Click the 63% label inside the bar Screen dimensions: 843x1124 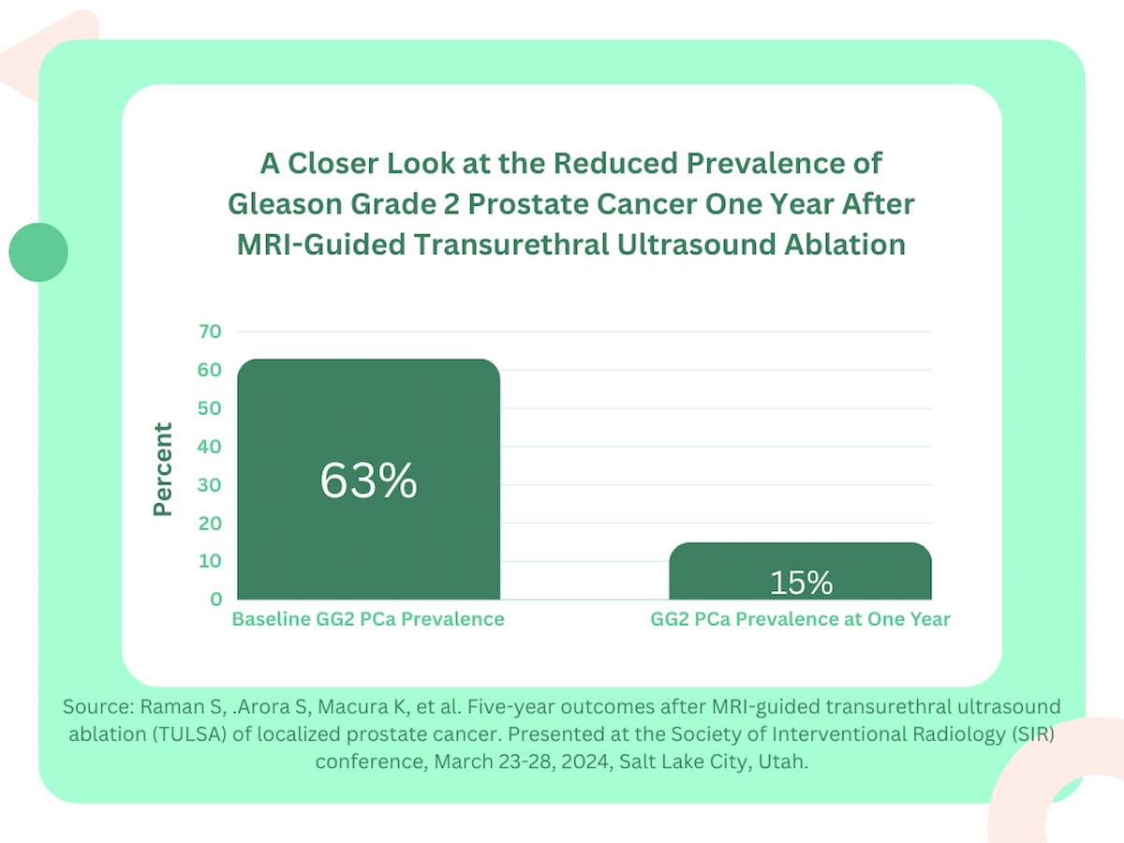tap(368, 481)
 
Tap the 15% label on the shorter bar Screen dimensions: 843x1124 tap(801, 583)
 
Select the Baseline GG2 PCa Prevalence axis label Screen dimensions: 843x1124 tap(368, 619)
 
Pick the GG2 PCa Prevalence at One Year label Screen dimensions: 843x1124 tap(801, 619)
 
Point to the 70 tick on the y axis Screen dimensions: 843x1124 tap(210, 332)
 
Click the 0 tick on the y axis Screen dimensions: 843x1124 tap(216, 599)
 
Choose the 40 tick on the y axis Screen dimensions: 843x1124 tap(210, 447)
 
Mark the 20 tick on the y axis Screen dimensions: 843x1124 tap(210, 524)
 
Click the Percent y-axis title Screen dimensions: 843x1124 tap(164, 468)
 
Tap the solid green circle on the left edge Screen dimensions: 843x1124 tap(38, 252)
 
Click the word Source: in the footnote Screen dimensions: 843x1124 tap(98, 707)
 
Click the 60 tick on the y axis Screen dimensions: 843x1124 tap(210, 370)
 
